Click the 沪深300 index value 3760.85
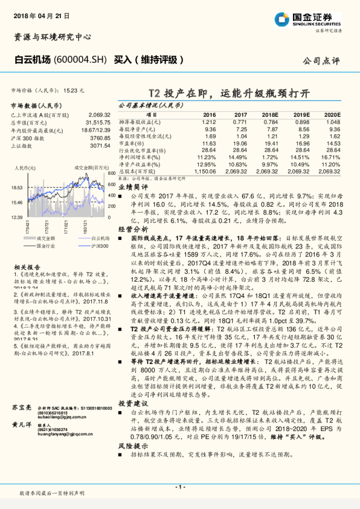pos(100,137)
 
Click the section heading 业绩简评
pos(132,188)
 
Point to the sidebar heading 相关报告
pos(27,266)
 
